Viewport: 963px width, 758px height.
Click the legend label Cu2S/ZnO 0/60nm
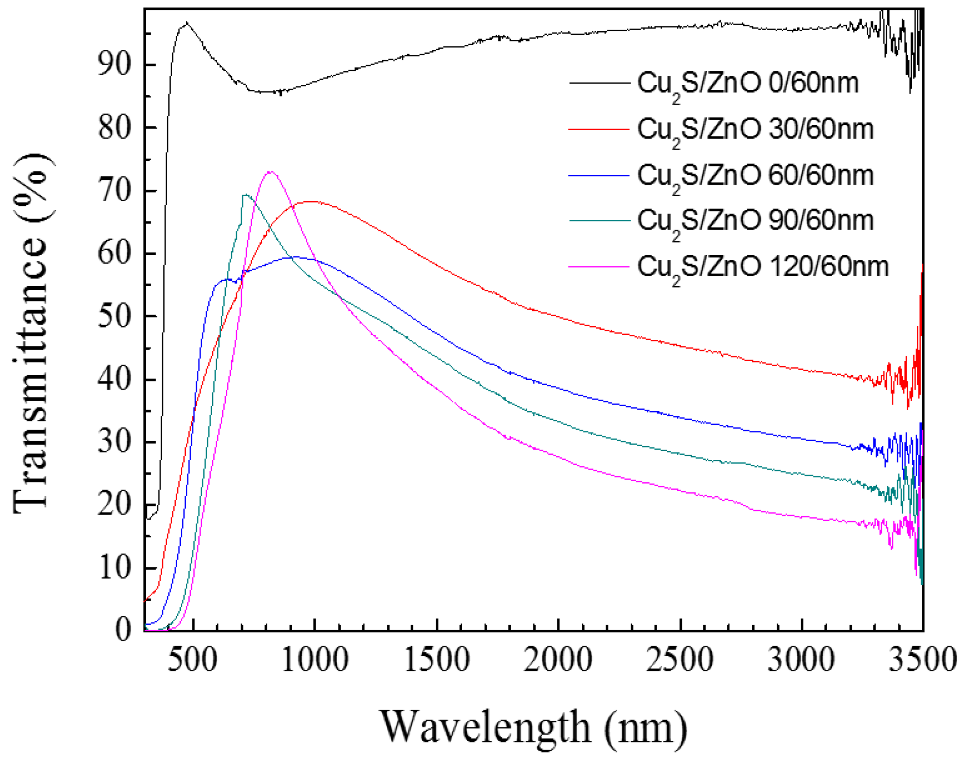[x=748, y=84]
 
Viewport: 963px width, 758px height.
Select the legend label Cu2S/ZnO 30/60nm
[x=755, y=130]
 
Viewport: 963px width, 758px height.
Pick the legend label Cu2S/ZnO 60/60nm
[x=755, y=176]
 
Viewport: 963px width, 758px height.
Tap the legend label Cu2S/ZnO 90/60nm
[x=755, y=221]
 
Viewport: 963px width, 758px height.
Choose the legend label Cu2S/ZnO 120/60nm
[x=762, y=267]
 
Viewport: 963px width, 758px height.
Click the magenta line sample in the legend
[x=599, y=267]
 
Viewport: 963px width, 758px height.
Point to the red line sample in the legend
[x=599, y=129]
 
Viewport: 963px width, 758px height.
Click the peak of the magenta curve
[x=270, y=172]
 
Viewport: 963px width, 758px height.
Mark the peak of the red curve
[x=312, y=202]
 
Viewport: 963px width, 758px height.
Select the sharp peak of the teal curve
[x=245, y=195]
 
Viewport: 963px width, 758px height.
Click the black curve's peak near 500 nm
[x=186, y=23]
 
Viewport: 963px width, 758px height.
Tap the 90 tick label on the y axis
[x=115, y=65]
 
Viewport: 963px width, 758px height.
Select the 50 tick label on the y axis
[x=115, y=316]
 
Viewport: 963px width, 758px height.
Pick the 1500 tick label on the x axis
[x=437, y=659]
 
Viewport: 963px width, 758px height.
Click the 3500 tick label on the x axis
[x=922, y=659]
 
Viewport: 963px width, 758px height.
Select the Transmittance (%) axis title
[x=32, y=332]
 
